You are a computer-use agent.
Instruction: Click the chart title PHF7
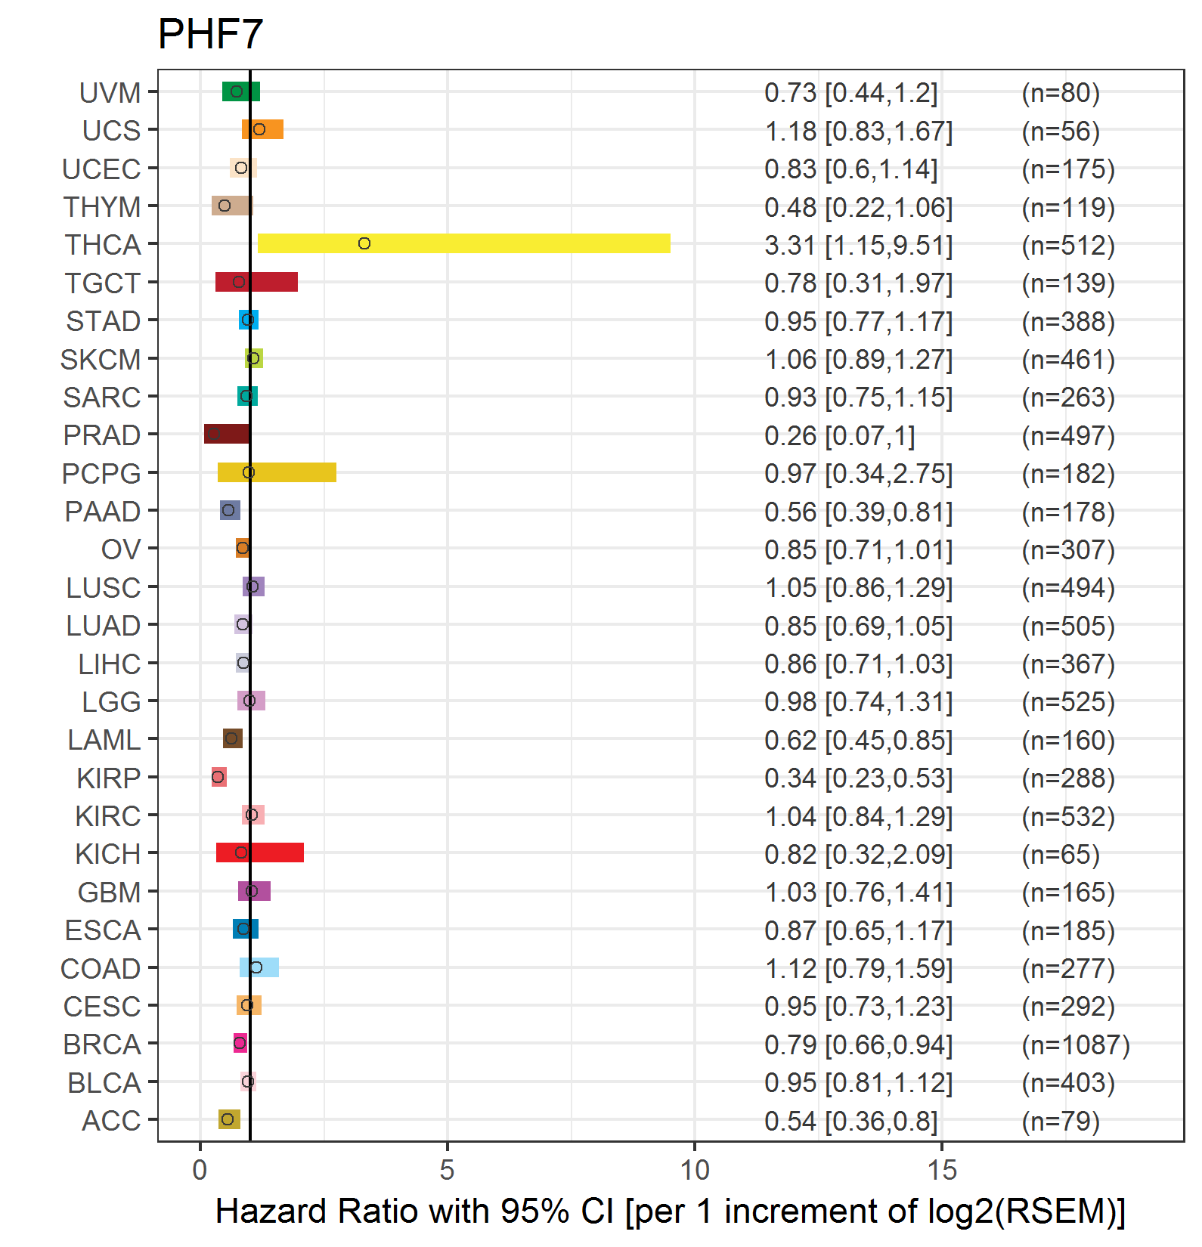click(x=210, y=34)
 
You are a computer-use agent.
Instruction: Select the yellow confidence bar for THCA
click(x=464, y=243)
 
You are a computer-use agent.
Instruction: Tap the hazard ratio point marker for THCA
click(x=364, y=243)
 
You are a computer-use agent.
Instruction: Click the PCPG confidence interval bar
click(x=277, y=472)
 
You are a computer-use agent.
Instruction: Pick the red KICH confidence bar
click(x=260, y=852)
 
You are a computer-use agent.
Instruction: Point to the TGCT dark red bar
click(x=256, y=282)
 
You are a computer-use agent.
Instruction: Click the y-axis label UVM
click(x=110, y=93)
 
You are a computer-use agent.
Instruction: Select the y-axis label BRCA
click(x=102, y=1044)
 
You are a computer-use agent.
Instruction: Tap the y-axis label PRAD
click(x=102, y=435)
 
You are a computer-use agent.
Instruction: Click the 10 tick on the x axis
click(x=695, y=1170)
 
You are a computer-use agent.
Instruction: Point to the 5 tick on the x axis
click(x=447, y=1170)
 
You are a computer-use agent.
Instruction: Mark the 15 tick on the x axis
click(x=942, y=1170)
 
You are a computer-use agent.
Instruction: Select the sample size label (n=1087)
click(x=1076, y=1044)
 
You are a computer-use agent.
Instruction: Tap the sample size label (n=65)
click(x=1061, y=854)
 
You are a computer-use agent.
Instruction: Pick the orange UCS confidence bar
click(x=262, y=129)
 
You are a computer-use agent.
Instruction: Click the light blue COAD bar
click(x=259, y=967)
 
